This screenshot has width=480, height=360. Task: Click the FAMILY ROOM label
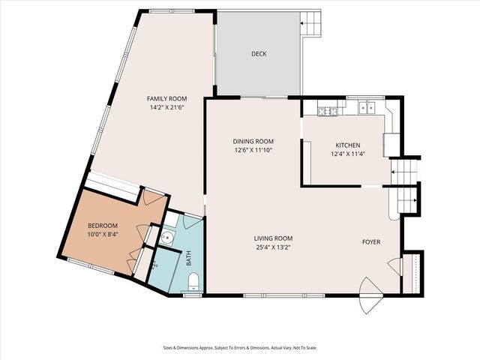pyautogui.click(x=166, y=99)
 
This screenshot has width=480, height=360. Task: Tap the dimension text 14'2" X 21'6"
pyautogui.click(x=166, y=107)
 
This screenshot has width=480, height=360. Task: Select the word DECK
pyautogui.click(x=259, y=54)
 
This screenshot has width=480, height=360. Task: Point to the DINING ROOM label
pyautogui.click(x=253, y=141)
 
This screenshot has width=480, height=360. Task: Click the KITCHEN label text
pyautogui.click(x=347, y=145)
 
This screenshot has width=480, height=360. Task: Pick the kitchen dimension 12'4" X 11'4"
pyautogui.click(x=347, y=154)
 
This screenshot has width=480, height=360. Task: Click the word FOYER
pyautogui.click(x=371, y=241)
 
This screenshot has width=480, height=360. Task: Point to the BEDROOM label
pyautogui.click(x=103, y=225)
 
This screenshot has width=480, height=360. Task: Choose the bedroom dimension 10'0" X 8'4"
pyautogui.click(x=103, y=234)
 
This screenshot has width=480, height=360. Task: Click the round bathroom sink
pyautogui.click(x=169, y=239)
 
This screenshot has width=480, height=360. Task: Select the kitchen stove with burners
pyautogui.click(x=327, y=111)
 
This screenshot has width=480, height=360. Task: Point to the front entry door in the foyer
pyautogui.click(x=369, y=287)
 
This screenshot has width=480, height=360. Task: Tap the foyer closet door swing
pyautogui.click(x=393, y=263)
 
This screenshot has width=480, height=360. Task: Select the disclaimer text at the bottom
pyautogui.click(x=239, y=348)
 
